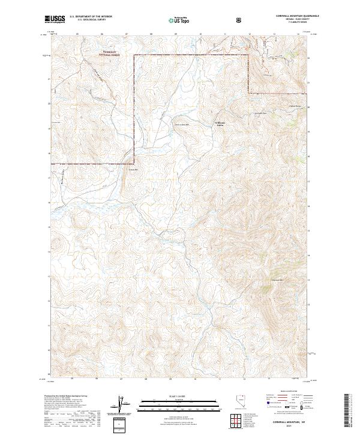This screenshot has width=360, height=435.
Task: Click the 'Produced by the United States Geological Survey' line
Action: (65, 397)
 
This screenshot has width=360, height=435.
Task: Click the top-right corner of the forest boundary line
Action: (248, 55)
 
